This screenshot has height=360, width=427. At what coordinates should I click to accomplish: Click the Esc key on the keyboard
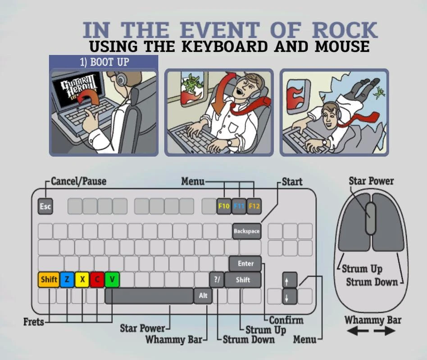45,206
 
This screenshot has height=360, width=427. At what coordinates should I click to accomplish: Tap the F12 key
254,206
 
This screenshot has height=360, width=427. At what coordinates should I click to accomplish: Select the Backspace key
247,231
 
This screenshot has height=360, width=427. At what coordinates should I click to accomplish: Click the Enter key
245,263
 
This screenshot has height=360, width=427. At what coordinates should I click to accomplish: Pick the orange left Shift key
49,279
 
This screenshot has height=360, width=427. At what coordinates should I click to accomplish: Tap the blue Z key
67,279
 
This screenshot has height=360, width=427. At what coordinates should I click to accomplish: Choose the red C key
97,279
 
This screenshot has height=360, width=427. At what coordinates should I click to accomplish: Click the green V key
112,279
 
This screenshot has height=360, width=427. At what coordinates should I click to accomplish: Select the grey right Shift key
243,280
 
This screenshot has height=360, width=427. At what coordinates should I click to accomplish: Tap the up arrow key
290,280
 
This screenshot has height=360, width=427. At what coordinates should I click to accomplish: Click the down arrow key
290,297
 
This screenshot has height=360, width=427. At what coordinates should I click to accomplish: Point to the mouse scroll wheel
370,218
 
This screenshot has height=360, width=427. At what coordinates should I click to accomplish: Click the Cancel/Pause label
79,181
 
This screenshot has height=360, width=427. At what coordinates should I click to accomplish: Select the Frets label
34,322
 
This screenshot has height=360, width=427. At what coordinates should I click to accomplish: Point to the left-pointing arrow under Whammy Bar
358,331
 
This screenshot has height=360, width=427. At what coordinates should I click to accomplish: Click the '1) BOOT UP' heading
104,62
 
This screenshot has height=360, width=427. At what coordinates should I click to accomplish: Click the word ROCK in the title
345,30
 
